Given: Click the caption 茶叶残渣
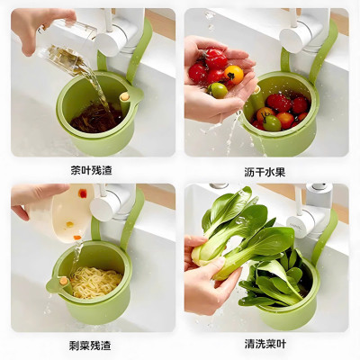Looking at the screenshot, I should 93,168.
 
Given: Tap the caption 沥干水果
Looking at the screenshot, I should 267,168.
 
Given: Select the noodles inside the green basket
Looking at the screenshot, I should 94,281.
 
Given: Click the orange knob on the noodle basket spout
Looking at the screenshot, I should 64,281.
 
